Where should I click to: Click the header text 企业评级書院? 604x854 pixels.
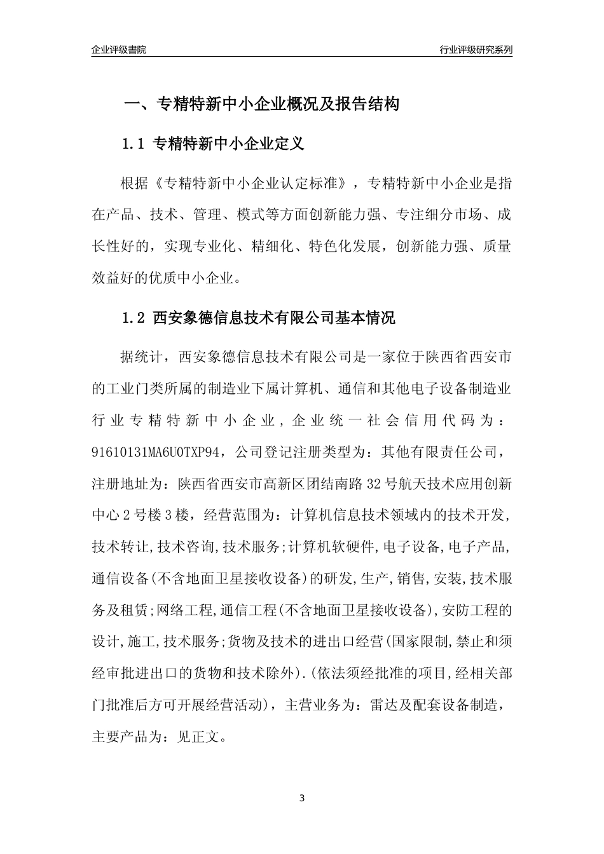pos(119,50)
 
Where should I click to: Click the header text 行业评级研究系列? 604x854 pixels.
pos(476,50)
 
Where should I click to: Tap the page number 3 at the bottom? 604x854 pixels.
pos(302,797)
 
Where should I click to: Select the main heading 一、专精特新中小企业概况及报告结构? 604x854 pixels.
pos(261,104)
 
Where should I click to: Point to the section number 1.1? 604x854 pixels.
pos(134,144)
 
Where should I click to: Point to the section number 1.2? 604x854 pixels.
pos(134,318)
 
